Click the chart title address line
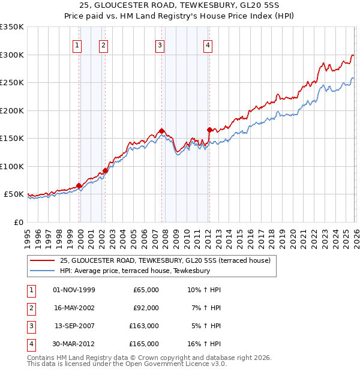[x=179, y=5]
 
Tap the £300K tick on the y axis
[x=12, y=55]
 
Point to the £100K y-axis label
[x=12, y=166]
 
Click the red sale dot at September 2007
[x=162, y=131]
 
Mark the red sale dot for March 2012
[x=209, y=130]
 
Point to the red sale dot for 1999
[x=79, y=185]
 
